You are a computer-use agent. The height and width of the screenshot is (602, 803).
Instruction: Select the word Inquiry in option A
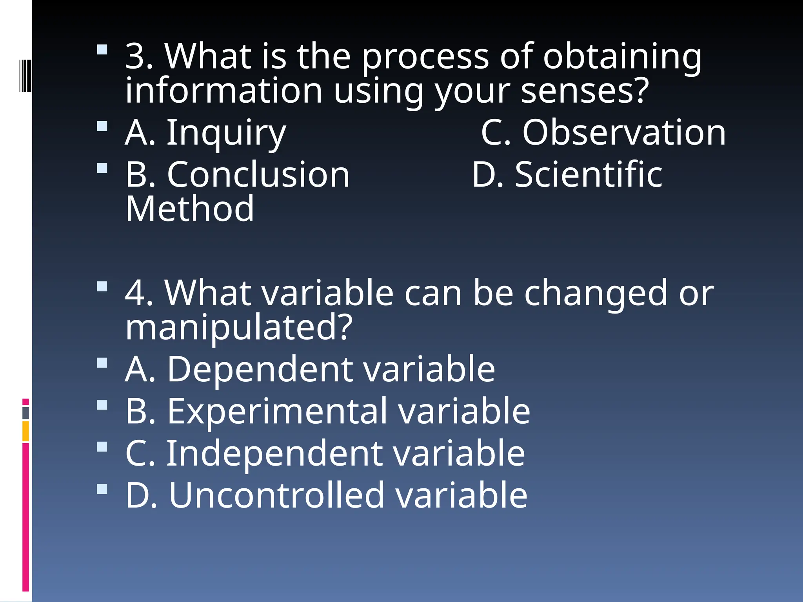click(x=226, y=133)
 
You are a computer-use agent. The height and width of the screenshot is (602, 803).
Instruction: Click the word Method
click(x=190, y=209)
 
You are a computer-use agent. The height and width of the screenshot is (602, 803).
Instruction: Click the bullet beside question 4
click(x=102, y=286)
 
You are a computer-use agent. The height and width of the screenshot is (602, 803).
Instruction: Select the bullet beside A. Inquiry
click(x=102, y=126)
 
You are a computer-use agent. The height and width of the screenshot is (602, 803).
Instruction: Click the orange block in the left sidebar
click(x=25, y=431)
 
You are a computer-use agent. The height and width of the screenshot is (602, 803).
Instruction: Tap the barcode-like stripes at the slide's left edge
click(x=25, y=76)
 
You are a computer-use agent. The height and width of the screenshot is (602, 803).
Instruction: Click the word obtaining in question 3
click(x=622, y=56)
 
